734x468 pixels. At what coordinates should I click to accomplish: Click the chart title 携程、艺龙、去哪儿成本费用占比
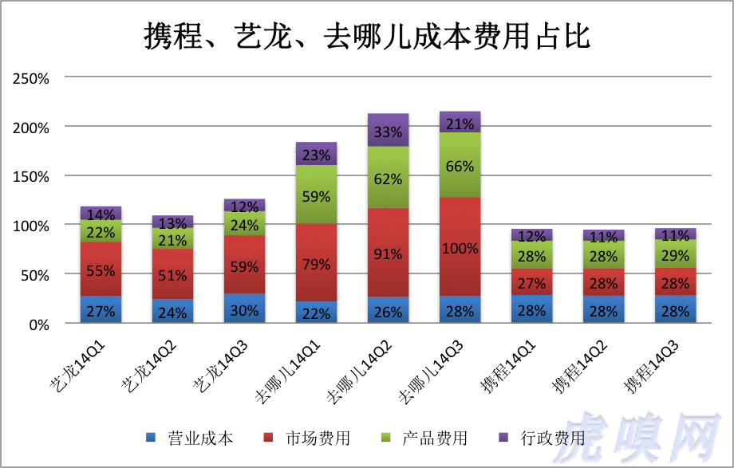coord(366,36)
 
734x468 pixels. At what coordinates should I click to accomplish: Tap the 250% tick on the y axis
coord(31,78)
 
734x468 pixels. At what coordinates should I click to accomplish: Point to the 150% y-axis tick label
coord(31,176)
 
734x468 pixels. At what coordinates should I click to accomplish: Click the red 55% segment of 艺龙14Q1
coord(101,269)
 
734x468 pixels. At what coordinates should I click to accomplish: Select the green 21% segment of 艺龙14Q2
coord(172,239)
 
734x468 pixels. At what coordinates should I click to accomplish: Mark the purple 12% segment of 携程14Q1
coord(531,235)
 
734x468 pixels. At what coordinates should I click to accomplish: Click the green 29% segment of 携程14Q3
coord(675,254)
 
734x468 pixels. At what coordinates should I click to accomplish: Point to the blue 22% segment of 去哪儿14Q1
coord(316,313)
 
